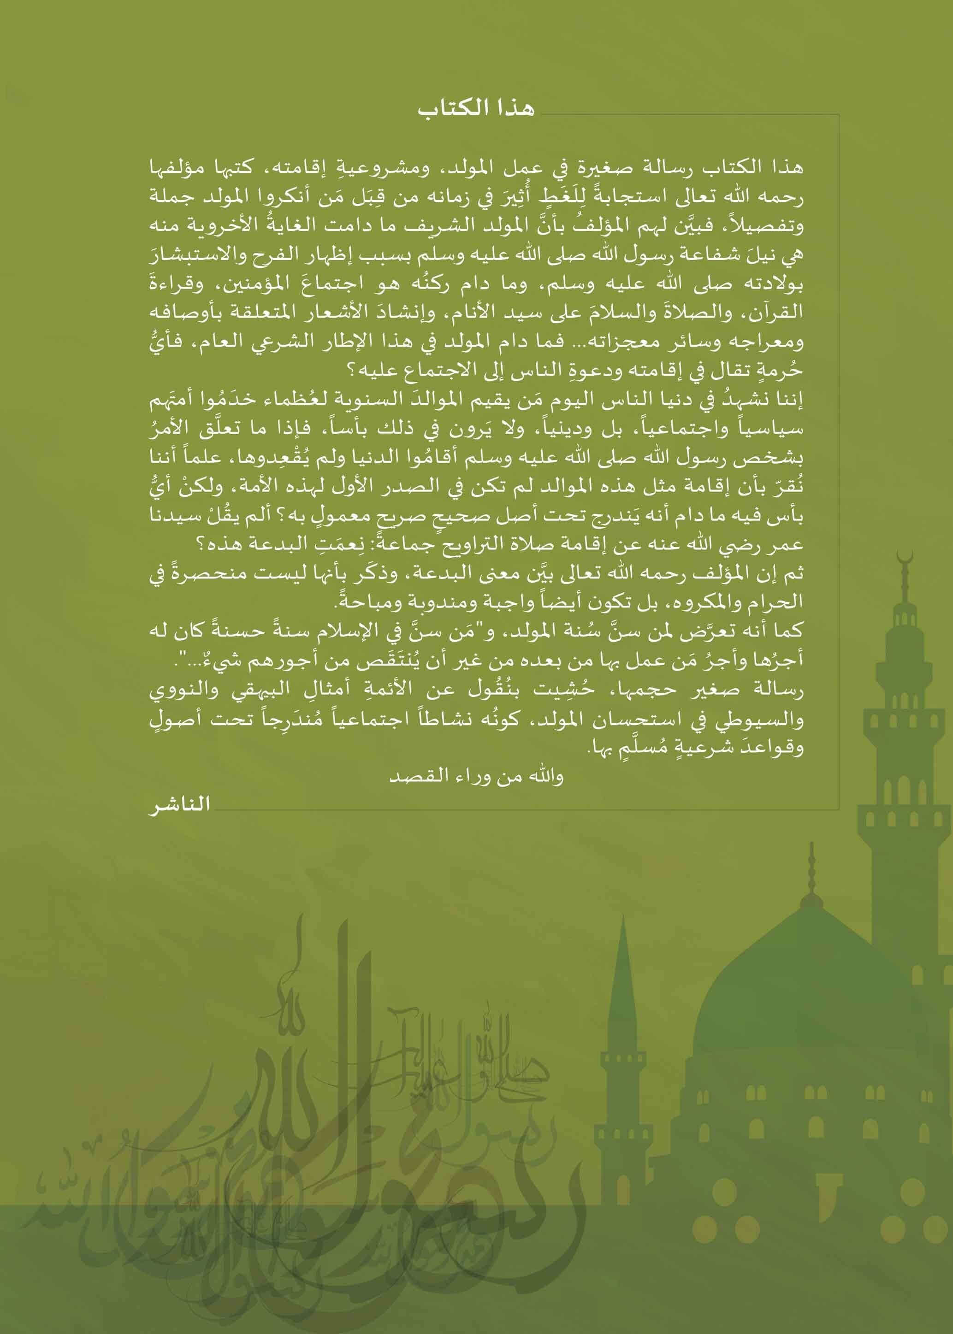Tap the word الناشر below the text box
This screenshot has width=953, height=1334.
[x=179, y=804]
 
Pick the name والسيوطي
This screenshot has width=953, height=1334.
[x=770, y=719]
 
